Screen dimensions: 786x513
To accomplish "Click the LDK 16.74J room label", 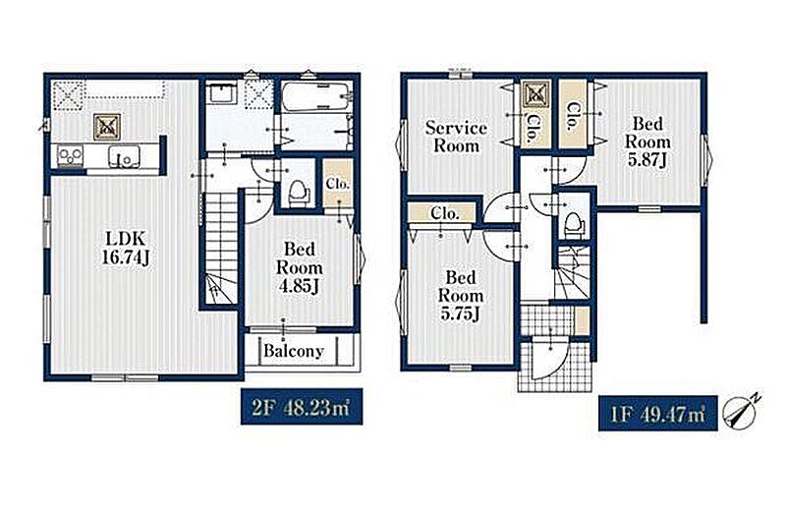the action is tap(126, 248).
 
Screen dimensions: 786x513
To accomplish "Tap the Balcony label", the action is tap(294, 351).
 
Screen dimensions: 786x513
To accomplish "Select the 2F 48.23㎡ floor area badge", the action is tap(302, 407).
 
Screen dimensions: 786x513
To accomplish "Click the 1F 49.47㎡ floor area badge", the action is tap(657, 413).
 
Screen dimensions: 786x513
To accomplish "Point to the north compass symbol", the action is tap(741, 411).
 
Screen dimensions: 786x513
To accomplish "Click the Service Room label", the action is tap(456, 137).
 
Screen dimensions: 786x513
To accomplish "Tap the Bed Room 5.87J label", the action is tap(647, 142).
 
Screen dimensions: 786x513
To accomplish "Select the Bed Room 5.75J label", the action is tap(460, 296).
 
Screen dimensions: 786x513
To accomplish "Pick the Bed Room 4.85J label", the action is tap(300, 267).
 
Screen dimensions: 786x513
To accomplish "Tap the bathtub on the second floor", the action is tap(315, 95).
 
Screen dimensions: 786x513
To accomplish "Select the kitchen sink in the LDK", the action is tap(124, 156).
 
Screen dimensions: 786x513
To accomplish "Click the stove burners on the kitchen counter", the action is tap(70, 155).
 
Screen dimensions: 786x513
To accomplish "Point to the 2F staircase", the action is tap(220, 249).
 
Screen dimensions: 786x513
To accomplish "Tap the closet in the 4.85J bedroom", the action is tap(338, 184).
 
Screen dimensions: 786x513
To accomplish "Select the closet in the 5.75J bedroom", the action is tap(441, 213).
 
